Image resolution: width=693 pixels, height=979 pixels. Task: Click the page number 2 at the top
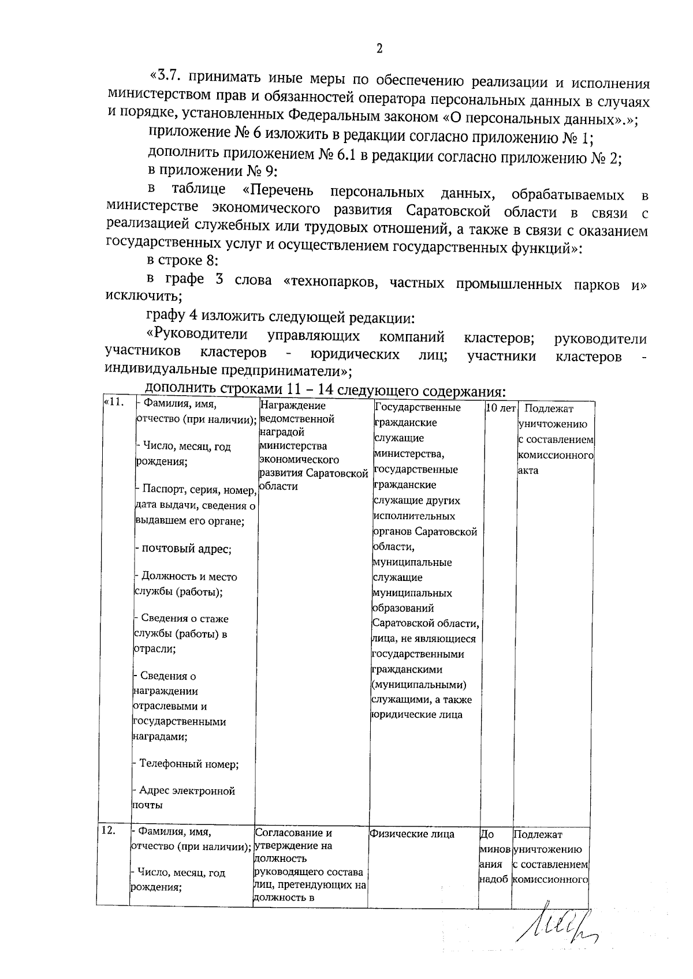pyautogui.click(x=379, y=49)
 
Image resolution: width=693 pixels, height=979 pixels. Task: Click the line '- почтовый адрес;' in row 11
pyautogui.click(x=183, y=549)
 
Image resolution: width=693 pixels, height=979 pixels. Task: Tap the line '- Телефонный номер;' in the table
pyautogui.click(x=188, y=764)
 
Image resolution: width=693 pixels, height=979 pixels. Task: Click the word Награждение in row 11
pyautogui.click(x=293, y=406)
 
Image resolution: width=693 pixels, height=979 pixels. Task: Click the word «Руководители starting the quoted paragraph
pyautogui.click(x=198, y=335)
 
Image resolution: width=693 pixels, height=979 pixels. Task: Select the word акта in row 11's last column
pyautogui.click(x=528, y=470)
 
